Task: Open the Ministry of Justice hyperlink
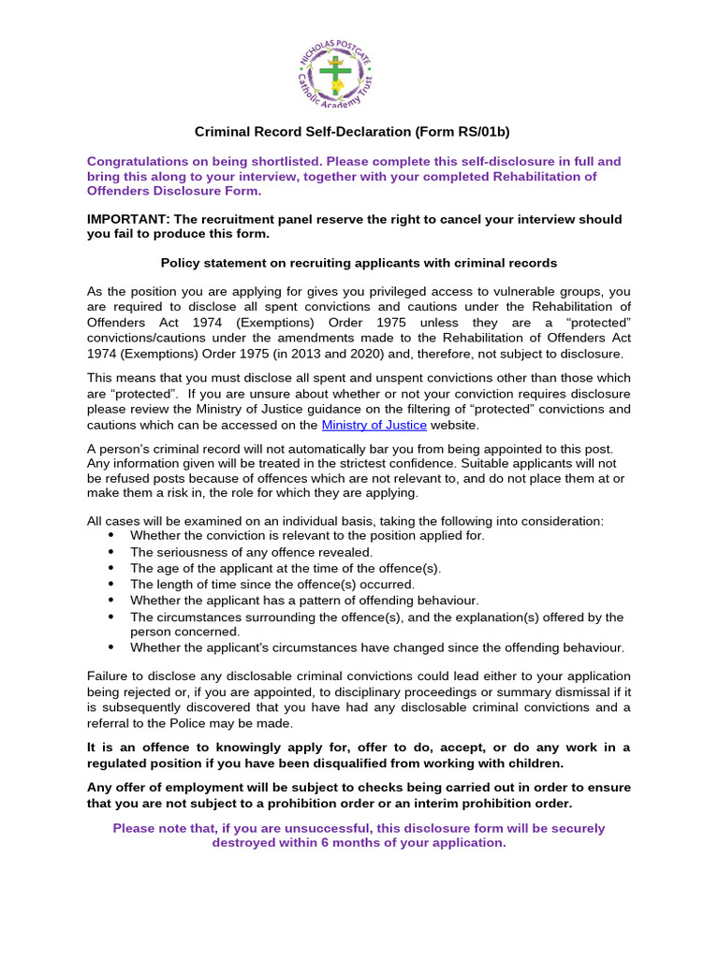pos(374,425)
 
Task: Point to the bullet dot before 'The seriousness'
pos(112,552)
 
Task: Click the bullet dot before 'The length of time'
pos(112,584)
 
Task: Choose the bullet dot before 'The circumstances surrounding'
pos(112,617)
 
